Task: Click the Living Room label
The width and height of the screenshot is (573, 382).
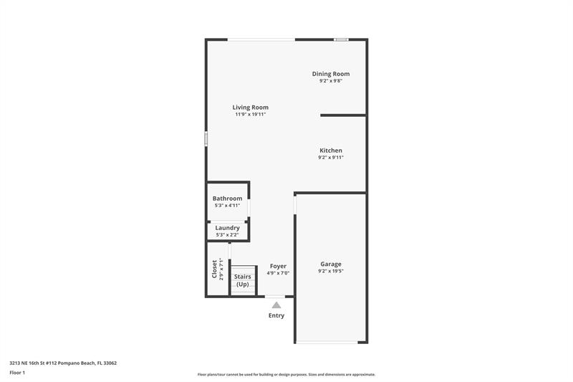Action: tap(250, 108)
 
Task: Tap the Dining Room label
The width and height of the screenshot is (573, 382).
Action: tap(330, 74)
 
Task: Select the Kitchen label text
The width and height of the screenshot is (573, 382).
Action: tap(330, 151)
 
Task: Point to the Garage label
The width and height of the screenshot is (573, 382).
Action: tap(330, 264)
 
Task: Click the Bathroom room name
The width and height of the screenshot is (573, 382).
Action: tap(227, 199)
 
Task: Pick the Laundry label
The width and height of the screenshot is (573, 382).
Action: tap(227, 228)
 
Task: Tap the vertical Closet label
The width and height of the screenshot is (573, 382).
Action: tap(214, 269)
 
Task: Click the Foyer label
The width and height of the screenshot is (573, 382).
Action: tap(278, 266)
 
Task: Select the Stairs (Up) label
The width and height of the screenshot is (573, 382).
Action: tap(243, 277)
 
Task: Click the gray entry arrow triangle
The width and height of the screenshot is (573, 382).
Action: tap(276, 305)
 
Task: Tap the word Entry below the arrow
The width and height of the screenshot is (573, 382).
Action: tap(276, 315)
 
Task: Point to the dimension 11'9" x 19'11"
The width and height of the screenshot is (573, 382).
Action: tap(250, 115)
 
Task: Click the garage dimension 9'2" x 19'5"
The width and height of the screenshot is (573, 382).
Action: tap(330, 272)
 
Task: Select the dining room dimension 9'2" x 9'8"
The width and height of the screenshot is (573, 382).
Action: tap(330, 81)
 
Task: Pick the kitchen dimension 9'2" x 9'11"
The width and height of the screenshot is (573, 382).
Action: tap(330, 158)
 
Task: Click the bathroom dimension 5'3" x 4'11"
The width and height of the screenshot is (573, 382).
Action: tap(227, 206)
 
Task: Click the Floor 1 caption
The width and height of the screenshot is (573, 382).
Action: tap(17, 373)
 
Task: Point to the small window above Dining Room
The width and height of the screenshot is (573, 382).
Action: tap(342, 39)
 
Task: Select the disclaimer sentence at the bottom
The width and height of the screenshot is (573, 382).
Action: tap(286, 374)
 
